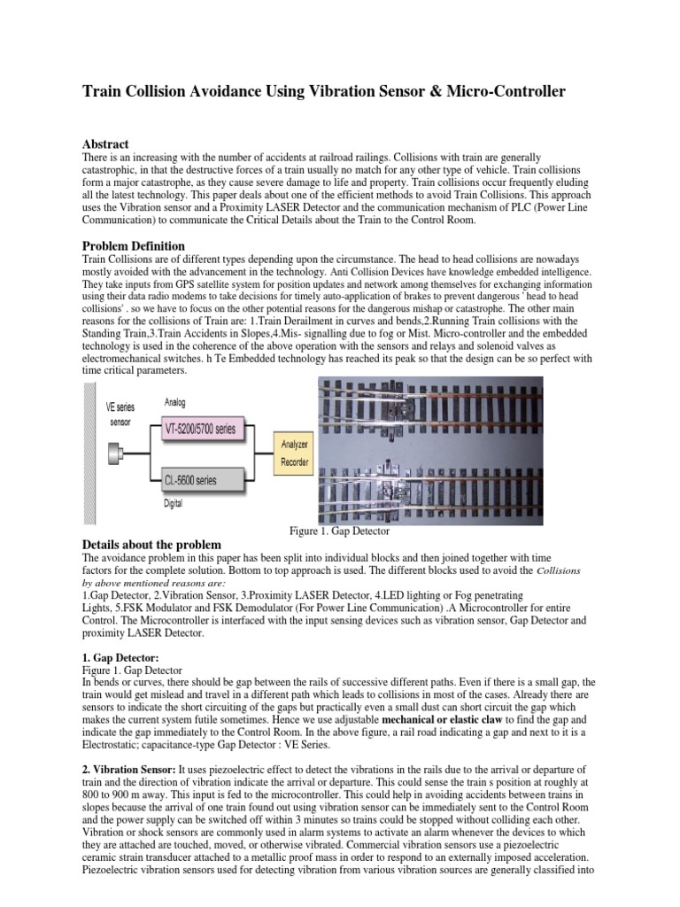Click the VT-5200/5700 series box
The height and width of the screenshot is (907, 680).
coord(201,430)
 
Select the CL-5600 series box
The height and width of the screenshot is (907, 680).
coord(201,481)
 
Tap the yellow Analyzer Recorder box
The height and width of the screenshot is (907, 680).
coord(295,454)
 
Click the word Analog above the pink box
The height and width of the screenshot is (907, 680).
coord(175,401)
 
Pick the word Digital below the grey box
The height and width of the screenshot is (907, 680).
coord(174,503)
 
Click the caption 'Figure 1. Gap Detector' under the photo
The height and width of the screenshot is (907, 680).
coord(340,531)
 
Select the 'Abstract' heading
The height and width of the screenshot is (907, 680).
coord(105,143)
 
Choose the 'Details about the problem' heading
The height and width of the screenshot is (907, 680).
coord(151,544)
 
